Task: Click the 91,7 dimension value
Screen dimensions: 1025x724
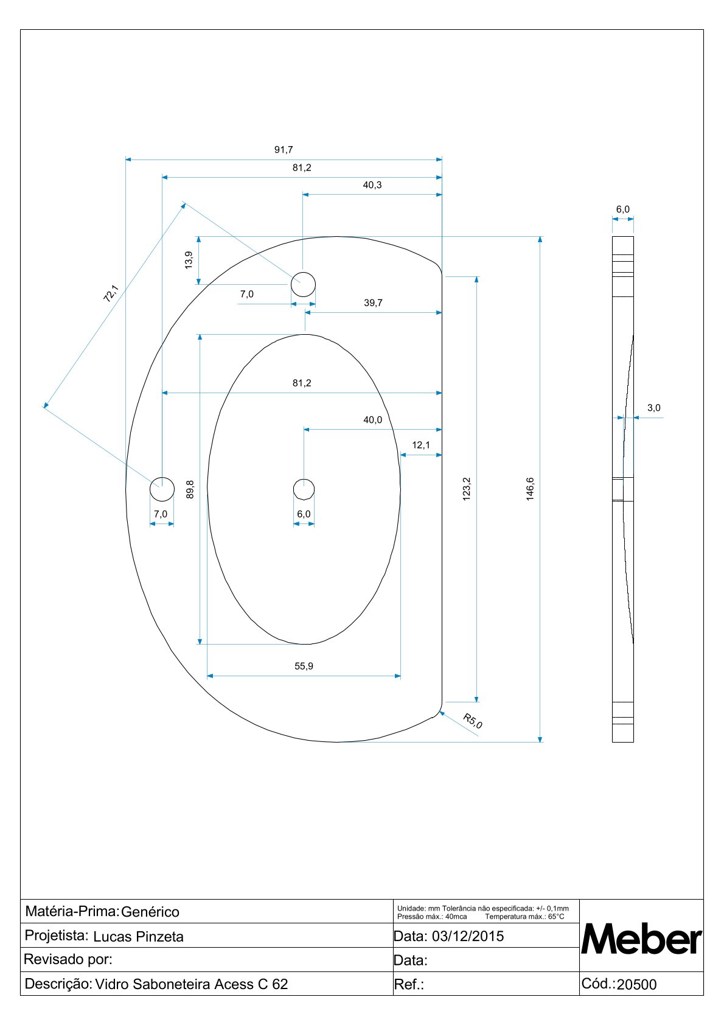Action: click(284, 150)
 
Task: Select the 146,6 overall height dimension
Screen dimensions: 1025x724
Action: click(530, 489)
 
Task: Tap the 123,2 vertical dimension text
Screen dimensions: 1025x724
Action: click(467, 489)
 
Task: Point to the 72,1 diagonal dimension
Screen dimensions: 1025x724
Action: click(110, 295)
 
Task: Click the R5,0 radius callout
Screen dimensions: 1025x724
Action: click(473, 721)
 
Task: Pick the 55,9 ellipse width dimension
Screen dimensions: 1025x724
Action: click(304, 666)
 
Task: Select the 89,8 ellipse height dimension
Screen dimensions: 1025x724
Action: click(190, 489)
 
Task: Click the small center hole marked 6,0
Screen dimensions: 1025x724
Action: click(304, 489)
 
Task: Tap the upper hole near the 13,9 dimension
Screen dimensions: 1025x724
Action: click(303, 284)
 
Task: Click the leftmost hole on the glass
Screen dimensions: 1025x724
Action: click(162, 489)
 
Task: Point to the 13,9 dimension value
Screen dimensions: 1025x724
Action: click(189, 260)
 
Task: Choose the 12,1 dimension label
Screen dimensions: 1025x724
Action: click(421, 446)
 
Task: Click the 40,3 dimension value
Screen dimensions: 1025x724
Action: click(372, 185)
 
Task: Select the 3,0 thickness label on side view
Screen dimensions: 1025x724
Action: click(653, 408)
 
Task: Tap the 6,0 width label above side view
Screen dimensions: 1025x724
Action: click(623, 209)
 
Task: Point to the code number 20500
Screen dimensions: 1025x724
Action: click(636, 985)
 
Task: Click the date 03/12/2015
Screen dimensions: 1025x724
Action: click(468, 936)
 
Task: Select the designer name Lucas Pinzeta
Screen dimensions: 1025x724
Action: click(138, 937)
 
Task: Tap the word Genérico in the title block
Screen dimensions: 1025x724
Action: click(150, 912)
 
